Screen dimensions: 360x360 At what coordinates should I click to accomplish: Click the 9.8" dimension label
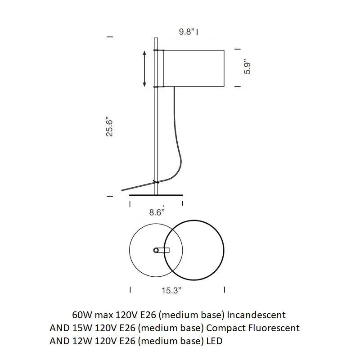point(187,31)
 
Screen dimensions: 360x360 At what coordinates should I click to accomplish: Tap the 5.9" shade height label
point(247,67)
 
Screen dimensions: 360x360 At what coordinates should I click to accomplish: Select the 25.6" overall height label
point(109,128)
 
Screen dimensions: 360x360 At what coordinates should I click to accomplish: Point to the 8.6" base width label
point(157,212)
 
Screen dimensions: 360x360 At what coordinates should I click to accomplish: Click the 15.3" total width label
point(171,290)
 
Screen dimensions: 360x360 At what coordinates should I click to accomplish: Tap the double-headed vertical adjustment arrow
point(144,69)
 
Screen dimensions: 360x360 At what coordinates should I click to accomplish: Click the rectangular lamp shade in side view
point(193,68)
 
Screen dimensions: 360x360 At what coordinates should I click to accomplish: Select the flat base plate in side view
point(156,195)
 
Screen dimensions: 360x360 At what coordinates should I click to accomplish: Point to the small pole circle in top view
point(156,250)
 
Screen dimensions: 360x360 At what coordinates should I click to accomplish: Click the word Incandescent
point(256,315)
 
